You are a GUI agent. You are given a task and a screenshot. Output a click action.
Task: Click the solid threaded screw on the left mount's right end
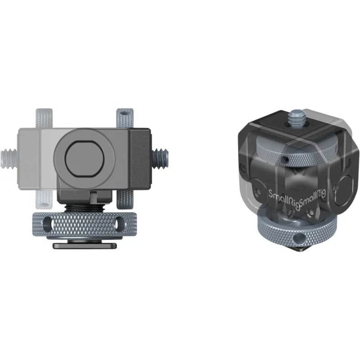tap(160, 158)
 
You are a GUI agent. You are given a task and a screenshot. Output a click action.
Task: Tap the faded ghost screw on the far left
tap(9, 159)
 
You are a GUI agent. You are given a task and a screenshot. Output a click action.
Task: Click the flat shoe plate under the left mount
tap(85, 246)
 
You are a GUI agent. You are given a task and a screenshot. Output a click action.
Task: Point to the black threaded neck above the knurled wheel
tap(85, 208)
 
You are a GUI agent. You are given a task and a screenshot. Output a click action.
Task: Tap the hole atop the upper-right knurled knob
tap(125, 113)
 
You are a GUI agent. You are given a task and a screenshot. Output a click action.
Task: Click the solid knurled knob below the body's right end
tap(125, 199)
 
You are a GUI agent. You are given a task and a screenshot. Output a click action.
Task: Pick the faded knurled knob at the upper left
tap(44, 118)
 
